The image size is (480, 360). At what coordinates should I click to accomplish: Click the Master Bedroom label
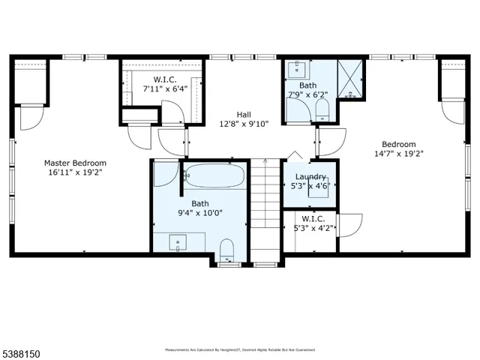tap(75, 163)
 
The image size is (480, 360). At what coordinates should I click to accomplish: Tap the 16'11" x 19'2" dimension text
tap(75, 172)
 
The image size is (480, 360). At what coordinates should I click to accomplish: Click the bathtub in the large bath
tap(214, 177)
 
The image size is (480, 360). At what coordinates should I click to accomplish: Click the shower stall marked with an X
tap(351, 77)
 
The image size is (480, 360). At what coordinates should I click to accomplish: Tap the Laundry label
tap(310, 177)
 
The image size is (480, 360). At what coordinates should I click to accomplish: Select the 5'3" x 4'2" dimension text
tap(310, 229)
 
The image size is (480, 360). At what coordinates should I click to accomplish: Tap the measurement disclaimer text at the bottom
tap(240, 349)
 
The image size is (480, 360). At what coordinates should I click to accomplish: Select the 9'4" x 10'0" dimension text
tap(199, 213)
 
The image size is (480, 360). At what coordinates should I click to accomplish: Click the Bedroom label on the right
tap(398, 145)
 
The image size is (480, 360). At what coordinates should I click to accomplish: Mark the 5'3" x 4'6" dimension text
tap(310, 187)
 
